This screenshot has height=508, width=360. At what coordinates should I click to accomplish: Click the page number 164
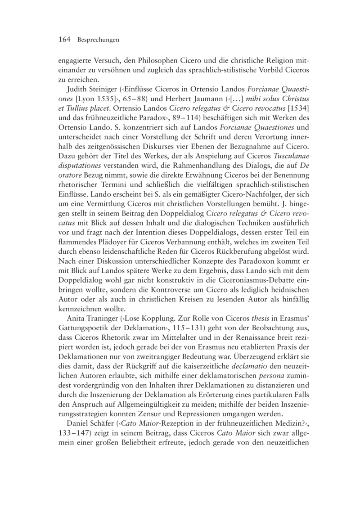66,40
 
